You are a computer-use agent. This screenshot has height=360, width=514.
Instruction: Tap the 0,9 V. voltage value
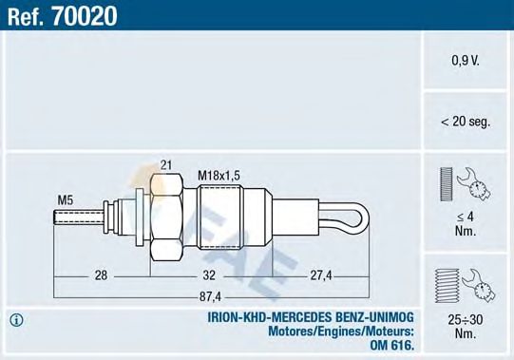click(466, 60)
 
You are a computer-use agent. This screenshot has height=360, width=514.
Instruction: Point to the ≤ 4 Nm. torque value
click(466, 222)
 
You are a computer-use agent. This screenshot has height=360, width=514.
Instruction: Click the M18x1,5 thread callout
click(219, 175)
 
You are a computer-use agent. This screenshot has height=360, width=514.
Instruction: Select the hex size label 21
click(166, 165)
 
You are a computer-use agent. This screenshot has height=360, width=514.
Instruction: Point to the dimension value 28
click(100, 275)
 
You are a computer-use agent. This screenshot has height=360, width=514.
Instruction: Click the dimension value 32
click(210, 275)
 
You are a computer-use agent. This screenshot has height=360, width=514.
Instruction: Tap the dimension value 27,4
click(320, 275)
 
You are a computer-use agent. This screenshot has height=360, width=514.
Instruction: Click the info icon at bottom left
click(16, 318)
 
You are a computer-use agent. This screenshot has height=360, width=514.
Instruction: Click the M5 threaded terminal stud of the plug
click(76, 219)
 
